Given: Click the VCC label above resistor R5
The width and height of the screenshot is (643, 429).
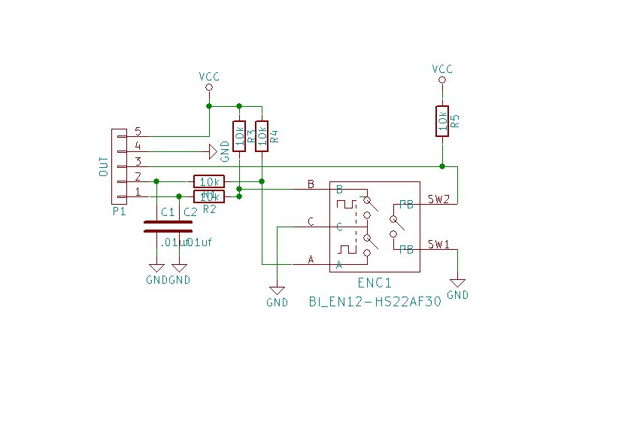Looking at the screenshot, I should coord(441,69).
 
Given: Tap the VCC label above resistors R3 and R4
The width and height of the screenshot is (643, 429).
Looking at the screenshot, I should coord(209,77).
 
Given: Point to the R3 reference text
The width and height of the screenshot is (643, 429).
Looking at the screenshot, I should coord(250,136).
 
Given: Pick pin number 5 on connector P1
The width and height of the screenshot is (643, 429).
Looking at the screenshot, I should coord(138,132).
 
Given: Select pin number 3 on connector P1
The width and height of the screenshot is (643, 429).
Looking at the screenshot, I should coord(138,161).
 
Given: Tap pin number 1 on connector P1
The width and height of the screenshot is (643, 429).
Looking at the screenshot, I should coord(138,191).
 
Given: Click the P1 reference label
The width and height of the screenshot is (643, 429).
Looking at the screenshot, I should coord(119,212).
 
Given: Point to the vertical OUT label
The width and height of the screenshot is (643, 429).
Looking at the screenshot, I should coord(104,167).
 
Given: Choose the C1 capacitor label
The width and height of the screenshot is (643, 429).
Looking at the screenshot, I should coord(168,212).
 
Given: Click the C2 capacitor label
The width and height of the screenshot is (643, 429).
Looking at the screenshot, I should coord(190,212).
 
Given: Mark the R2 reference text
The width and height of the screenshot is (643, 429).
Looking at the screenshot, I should coord(209,208).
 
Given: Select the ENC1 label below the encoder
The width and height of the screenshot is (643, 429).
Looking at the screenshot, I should coord(374,284).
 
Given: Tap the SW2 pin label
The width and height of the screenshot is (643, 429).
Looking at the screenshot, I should coord(438,199).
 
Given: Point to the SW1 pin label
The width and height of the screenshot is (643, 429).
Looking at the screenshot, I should coord(438,245).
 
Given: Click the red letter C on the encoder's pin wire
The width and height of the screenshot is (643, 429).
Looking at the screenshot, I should coord(311,221).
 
